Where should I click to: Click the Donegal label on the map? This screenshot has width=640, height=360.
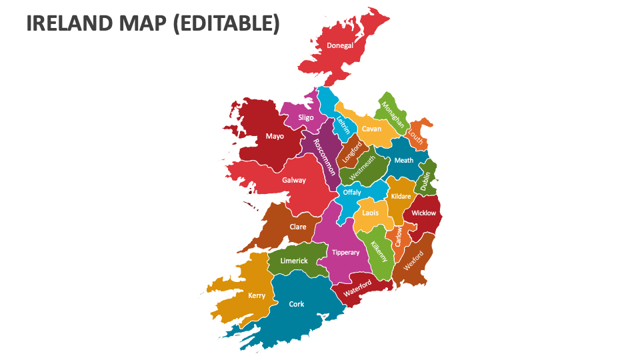click(x=340, y=46)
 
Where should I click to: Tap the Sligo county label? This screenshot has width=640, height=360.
click(x=306, y=117)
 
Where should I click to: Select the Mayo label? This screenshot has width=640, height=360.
click(x=275, y=136)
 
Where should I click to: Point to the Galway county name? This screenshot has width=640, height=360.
click(x=294, y=180)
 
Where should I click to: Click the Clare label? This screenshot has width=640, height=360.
click(x=298, y=227)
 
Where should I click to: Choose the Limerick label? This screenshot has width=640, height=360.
click(x=294, y=261)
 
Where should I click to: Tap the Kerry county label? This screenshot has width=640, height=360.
click(x=257, y=295)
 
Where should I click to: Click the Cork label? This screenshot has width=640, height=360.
click(x=297, y=304)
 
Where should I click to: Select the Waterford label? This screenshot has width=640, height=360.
click(x=357, y=289)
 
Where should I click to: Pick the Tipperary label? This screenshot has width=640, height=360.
click(x=345, y=253)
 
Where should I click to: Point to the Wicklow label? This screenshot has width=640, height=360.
click(x=423, y=213)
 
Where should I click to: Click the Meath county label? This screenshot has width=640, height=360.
click(x=403, y=160)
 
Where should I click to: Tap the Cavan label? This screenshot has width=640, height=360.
click(x=371, y=129)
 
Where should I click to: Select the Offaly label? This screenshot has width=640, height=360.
click(x=352, y=193)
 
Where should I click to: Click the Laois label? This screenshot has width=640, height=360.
click(x=371, y=213)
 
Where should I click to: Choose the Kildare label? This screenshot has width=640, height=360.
click(x=401, y=196)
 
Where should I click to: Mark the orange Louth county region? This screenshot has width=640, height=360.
click(x=419, y=133)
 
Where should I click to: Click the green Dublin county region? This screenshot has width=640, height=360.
click(x=425, y=177)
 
